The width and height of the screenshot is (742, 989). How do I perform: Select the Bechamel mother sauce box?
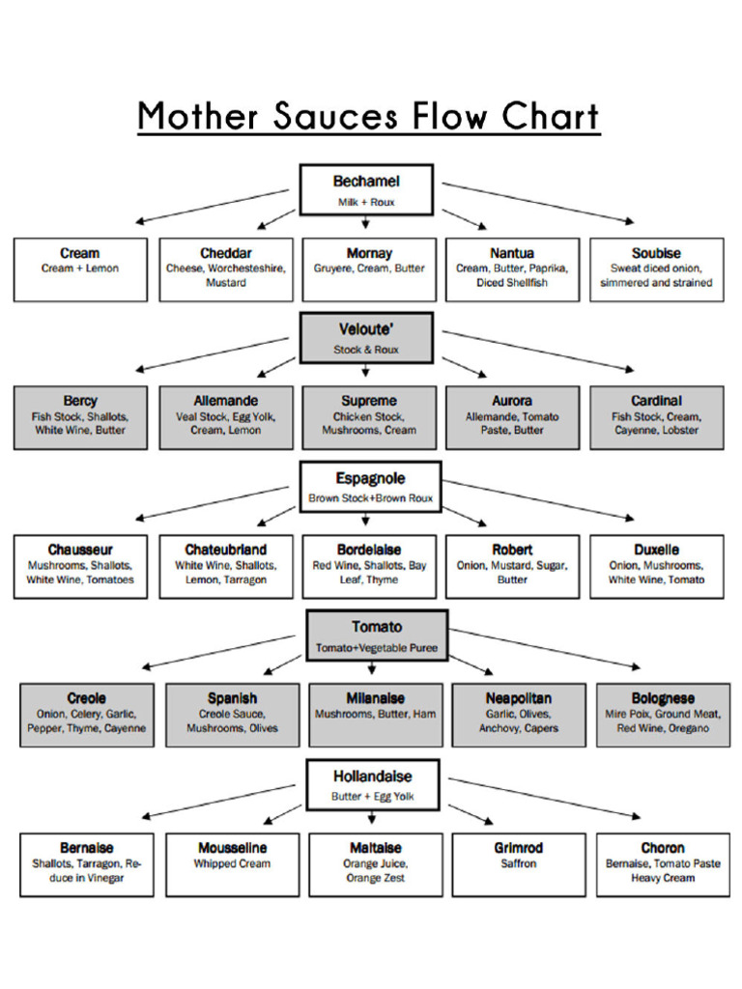click(x=366, y=189)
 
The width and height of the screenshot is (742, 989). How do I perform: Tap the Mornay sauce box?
click(x=369, y=269)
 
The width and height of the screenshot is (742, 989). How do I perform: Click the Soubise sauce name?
click(x=656, y=253)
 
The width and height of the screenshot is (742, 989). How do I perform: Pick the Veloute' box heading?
click(x=366, y=328)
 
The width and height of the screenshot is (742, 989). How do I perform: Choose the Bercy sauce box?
click(x=80, y=417)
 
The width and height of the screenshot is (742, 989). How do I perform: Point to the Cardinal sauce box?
click(x=656, y=417)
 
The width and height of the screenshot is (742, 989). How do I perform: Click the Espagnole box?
click(x=370, y=487)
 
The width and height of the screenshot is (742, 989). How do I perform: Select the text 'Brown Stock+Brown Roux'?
click(x=370, y=499)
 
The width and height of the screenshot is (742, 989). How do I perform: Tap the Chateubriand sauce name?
click(x=226, y=550)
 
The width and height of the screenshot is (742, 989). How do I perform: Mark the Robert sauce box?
click(x=512, y=566)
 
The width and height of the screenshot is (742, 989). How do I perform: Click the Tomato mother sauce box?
click(x=377, y=636)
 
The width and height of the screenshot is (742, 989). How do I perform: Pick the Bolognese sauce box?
click(x=663, y=715)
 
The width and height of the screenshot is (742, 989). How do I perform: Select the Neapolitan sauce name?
click(x=519, y=698)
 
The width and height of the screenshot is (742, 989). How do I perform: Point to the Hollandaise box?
click(x=373, y=784)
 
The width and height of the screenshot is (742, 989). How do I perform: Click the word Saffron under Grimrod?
click(x=519, y=863)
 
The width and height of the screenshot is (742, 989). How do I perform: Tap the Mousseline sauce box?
click(x=232, y=864)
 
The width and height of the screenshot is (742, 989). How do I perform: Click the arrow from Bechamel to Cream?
click(x=213, y=206)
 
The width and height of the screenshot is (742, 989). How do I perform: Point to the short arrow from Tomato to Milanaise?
click(x=372, y=668)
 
